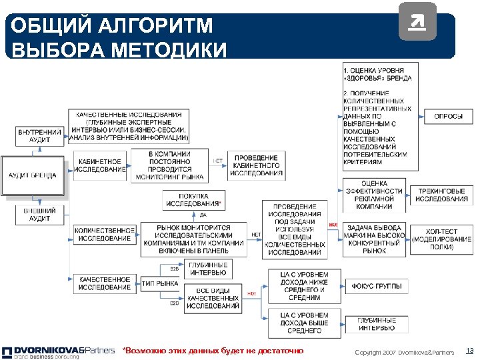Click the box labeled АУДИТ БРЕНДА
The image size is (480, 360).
tap(34, 176)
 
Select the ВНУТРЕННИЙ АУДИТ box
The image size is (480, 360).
tap(39, 137)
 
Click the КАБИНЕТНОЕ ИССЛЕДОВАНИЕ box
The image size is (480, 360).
tap(100, 165)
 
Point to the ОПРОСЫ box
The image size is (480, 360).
tap(448, 116)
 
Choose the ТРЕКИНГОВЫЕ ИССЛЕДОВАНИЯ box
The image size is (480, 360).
tap(443, 195)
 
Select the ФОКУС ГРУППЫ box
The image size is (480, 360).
tap(377, 286)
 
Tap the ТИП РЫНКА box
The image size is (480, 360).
tap(160, 283)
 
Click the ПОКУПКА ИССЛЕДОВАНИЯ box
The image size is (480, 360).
tap(193, 200)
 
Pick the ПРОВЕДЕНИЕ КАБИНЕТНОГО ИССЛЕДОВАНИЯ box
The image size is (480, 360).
tap(257, 165)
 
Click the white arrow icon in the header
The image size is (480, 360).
tap(417, 26)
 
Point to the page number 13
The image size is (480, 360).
tap(469, 351)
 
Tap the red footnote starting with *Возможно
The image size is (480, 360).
tap(213, 351)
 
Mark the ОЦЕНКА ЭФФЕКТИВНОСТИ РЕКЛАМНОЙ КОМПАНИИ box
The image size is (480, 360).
tap(374, 195)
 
